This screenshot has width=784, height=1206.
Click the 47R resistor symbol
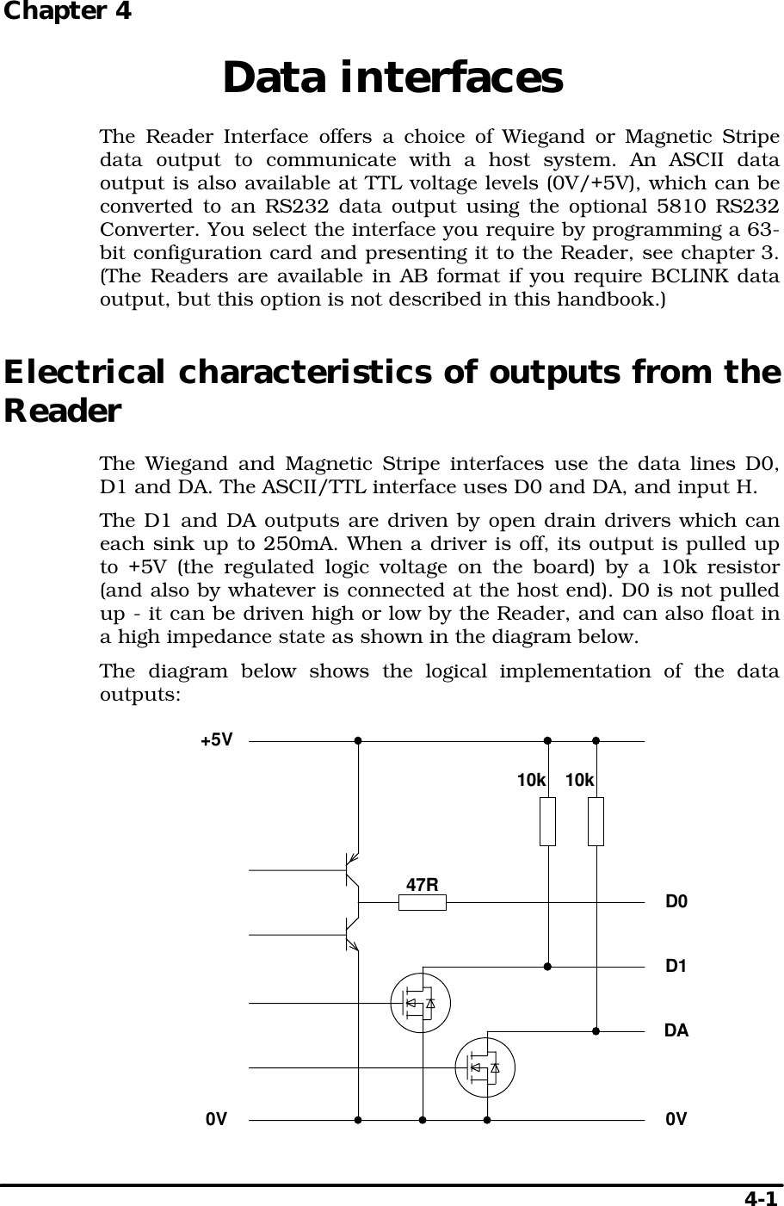(422, 902)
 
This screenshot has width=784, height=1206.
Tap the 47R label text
(423, 884)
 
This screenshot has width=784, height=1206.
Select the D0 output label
(677, 902)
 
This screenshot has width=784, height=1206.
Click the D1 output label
(676, 966)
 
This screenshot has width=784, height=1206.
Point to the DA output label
(676, 1030)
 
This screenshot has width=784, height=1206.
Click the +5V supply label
(216, 739)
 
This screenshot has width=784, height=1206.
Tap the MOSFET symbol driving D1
(421, 1003)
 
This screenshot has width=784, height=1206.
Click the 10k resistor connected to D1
(547, 821)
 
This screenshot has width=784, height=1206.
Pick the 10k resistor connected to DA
(596, 821)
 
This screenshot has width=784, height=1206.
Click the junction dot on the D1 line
(547, 966)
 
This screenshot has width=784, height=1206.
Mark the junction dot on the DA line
(596, 1030)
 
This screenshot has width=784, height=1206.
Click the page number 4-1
(760, 1197)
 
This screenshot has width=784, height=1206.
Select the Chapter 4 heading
(66, 12)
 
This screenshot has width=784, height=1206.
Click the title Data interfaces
(392, 77)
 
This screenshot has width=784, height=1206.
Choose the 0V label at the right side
(676, 1120)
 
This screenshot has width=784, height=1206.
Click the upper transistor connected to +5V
(350, 870)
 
